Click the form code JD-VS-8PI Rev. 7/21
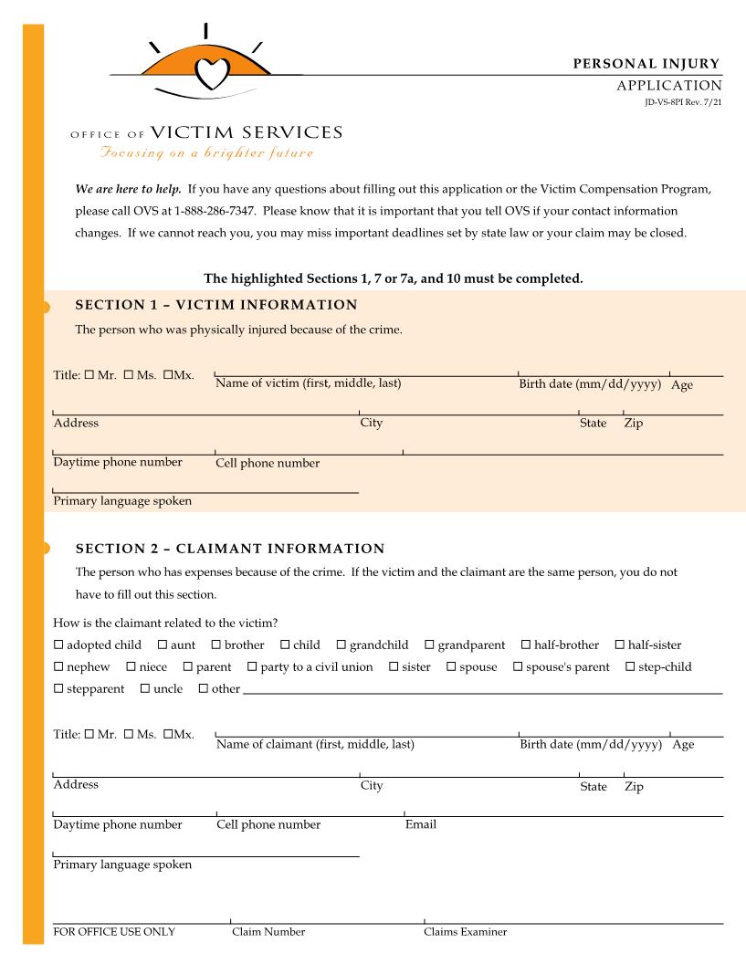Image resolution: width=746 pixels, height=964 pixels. pyautogui.click(x=681, y=100)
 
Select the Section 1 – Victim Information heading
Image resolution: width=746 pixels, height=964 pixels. pyautogui.click(x=215, y=304)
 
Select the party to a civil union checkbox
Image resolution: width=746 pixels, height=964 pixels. pyautogui.click(x=252, y=667)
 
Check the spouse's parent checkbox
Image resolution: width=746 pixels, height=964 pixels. pyautogui.click(x=518, y=667)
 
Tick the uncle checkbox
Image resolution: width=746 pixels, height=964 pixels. pyautogui.click(x=145, y=689)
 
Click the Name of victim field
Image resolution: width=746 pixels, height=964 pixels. pyautogui.click(x=365, y=367)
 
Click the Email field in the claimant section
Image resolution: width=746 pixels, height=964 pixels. pyautogui.click(x=562, y=808)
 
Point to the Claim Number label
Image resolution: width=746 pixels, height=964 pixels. pyautogui.click(x=268, y=932)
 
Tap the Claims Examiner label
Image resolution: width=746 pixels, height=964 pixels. pyautogui.click(x=465, y=932)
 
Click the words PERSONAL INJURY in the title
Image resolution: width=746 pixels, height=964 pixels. pyautogui.click(x=646, y=64)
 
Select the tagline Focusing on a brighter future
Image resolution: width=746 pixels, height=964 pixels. pyautogui.click(x=207, y=152)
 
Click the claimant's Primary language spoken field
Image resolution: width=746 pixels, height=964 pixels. pyautogui.click(x=205, y=849)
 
